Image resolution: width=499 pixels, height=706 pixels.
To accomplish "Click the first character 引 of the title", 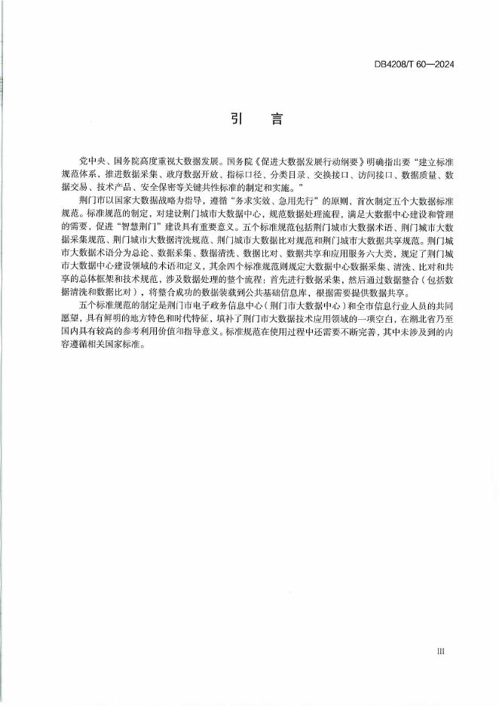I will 235,119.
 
